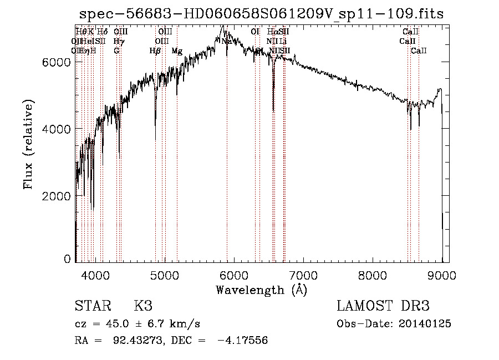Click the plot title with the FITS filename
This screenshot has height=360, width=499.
(x=261, y=14)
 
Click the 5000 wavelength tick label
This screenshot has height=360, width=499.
(x=165, y=275)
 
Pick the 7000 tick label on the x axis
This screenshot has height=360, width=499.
(x=303, y=275)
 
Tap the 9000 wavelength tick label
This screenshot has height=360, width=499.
(x=442, y=275)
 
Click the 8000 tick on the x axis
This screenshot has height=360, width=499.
(x=373, y=275)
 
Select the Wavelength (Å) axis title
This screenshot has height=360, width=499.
(x=261, y=290)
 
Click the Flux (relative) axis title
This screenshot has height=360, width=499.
(x=28, y=144)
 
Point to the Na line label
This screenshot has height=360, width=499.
(x=226, y=41)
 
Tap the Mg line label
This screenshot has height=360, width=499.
(x=177, y=51)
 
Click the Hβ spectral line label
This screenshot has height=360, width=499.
(x=155, y=51)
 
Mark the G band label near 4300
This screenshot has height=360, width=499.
(x=116, y=51)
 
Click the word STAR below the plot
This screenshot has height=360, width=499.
(x=92, y=306)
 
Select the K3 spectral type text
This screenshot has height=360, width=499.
(x=142, y=306)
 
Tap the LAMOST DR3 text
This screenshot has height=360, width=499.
(x=383, y=306)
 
